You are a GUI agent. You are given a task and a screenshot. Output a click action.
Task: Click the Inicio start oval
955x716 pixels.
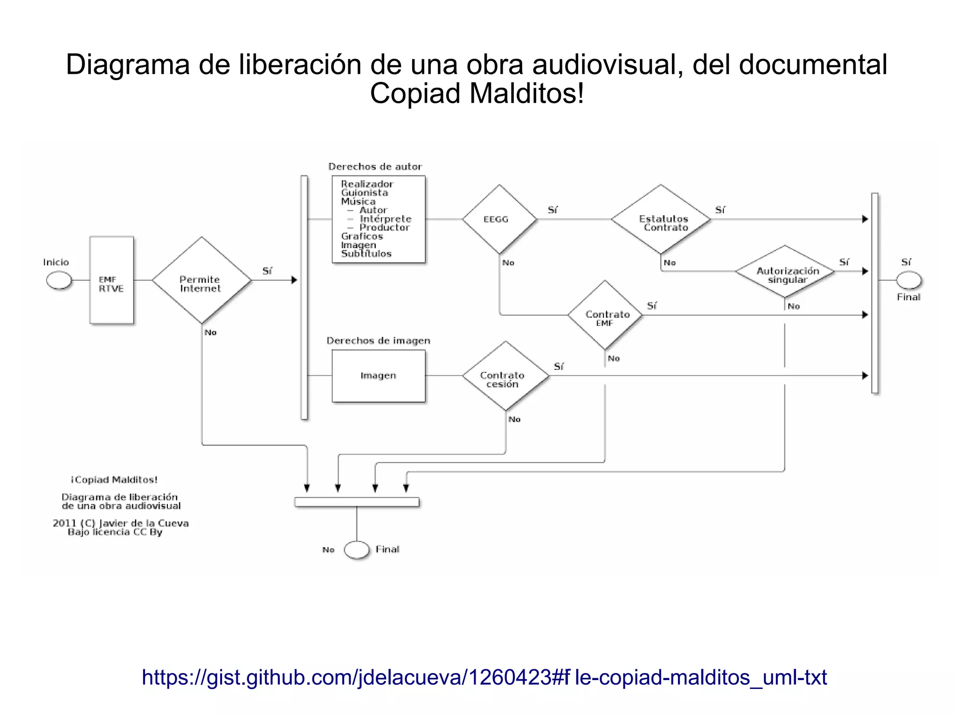click(59, 280)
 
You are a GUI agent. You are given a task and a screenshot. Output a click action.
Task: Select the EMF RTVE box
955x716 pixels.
click(111, 280)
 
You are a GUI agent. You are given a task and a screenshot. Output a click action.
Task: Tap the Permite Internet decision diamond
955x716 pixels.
click(201, 280)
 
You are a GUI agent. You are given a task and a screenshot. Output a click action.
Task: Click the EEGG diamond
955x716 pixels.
click(499, 219)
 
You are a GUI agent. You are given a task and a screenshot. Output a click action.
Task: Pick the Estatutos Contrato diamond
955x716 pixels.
click(661, 219)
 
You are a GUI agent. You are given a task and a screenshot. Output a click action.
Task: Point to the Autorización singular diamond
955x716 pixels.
click(785, 271)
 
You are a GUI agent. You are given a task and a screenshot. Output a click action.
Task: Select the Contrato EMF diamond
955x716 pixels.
click(605, 315)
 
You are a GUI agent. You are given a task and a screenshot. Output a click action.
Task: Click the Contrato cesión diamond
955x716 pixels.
click(505, 376)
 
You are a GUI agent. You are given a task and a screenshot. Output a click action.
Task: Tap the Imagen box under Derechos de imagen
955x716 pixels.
click(378, 376)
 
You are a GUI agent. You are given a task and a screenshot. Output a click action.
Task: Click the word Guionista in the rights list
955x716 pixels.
click(364, 193)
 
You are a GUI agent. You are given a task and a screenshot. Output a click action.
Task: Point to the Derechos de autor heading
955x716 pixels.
click(375, 167)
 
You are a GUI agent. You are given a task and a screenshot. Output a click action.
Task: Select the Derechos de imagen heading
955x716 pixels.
click(378, 341)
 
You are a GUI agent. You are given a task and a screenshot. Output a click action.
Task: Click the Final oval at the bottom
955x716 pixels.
click(357, 549)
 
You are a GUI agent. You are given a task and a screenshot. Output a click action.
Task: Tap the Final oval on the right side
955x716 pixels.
click(909, 280)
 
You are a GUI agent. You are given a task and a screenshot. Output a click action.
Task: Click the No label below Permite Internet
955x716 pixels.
click(210, 333)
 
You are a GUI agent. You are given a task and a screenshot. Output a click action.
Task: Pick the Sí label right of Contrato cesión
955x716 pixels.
click(558, 367)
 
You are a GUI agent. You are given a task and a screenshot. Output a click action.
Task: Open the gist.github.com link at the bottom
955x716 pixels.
click(484, 677)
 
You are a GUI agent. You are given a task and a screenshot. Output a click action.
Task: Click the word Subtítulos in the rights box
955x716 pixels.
click(366, 254)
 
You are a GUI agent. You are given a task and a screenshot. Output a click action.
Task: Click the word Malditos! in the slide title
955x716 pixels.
click(526, 93)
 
